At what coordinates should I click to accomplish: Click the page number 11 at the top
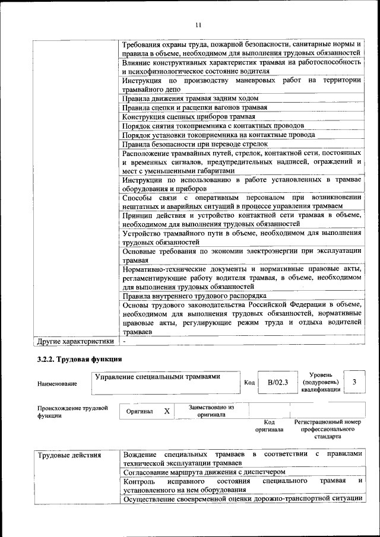(x=198, y=24)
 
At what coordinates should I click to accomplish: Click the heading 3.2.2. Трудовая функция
(x=79, y=360)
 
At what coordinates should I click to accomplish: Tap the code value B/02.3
(x=277, y=382)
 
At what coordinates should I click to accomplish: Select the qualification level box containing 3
(x=354, y=382)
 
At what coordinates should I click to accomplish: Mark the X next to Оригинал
(x=167, y=411)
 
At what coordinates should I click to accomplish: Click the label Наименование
(x=57, y=384)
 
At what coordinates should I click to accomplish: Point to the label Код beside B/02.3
(x=249, y=383)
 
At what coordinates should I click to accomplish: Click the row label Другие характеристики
(x=75, y=342)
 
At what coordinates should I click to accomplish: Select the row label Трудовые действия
(x=69, y=455)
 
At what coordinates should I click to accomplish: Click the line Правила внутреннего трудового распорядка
(x=194, y=295)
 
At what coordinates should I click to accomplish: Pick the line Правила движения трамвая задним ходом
(x=191, y=98)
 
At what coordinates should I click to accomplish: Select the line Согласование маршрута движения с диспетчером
(x=204, y=472)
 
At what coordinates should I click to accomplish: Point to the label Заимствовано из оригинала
(x=211, y=411)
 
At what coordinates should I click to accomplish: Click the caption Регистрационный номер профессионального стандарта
(x=327, y=429)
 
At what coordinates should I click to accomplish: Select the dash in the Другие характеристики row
(x=124, y=342)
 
